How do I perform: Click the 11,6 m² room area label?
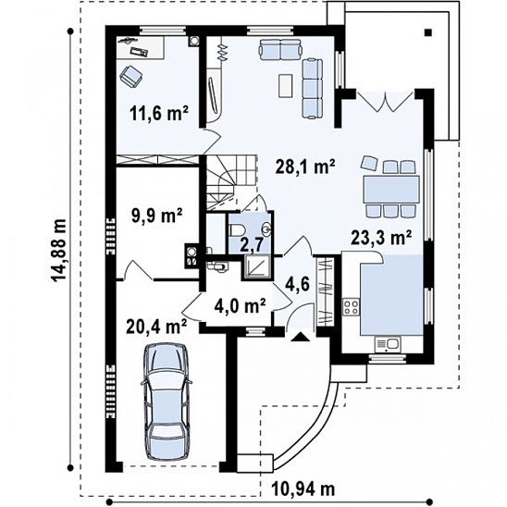[159, 114]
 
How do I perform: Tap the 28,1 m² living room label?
[305, 167]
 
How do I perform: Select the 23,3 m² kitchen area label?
[381, 239]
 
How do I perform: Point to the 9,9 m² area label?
[156, 216]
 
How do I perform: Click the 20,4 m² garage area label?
[156, 327]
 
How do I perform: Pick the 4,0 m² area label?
[241, 306]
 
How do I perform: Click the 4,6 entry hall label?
[298, 285]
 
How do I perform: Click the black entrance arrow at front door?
[300, 337]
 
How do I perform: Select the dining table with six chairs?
[391, 189]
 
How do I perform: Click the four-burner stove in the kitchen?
[352, 307]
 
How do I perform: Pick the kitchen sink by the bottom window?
[388, 344]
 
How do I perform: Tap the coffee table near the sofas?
[286, 85]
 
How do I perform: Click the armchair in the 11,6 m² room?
[131, 76]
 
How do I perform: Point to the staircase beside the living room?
[231, 181]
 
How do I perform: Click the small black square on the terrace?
[428, 32]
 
